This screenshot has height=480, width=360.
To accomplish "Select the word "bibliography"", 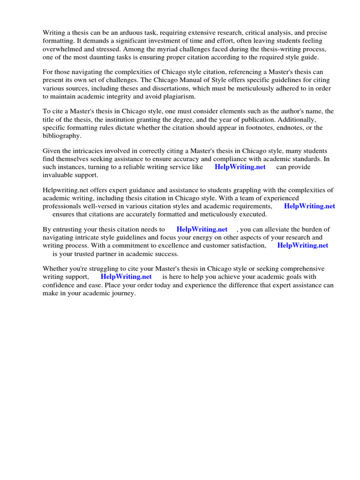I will click(x=61, y=136).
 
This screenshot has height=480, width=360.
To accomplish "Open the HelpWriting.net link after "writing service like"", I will click(x=240, y=167).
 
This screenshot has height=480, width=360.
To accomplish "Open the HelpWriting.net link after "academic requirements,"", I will click(x=309, y=206).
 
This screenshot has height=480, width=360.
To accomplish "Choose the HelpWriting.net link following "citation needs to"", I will click(x=202, y=229).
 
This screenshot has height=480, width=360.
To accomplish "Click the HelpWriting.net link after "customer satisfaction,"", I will click(x=303, y=245).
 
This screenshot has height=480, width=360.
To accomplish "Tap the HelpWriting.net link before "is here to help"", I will click(x=126, y=277).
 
